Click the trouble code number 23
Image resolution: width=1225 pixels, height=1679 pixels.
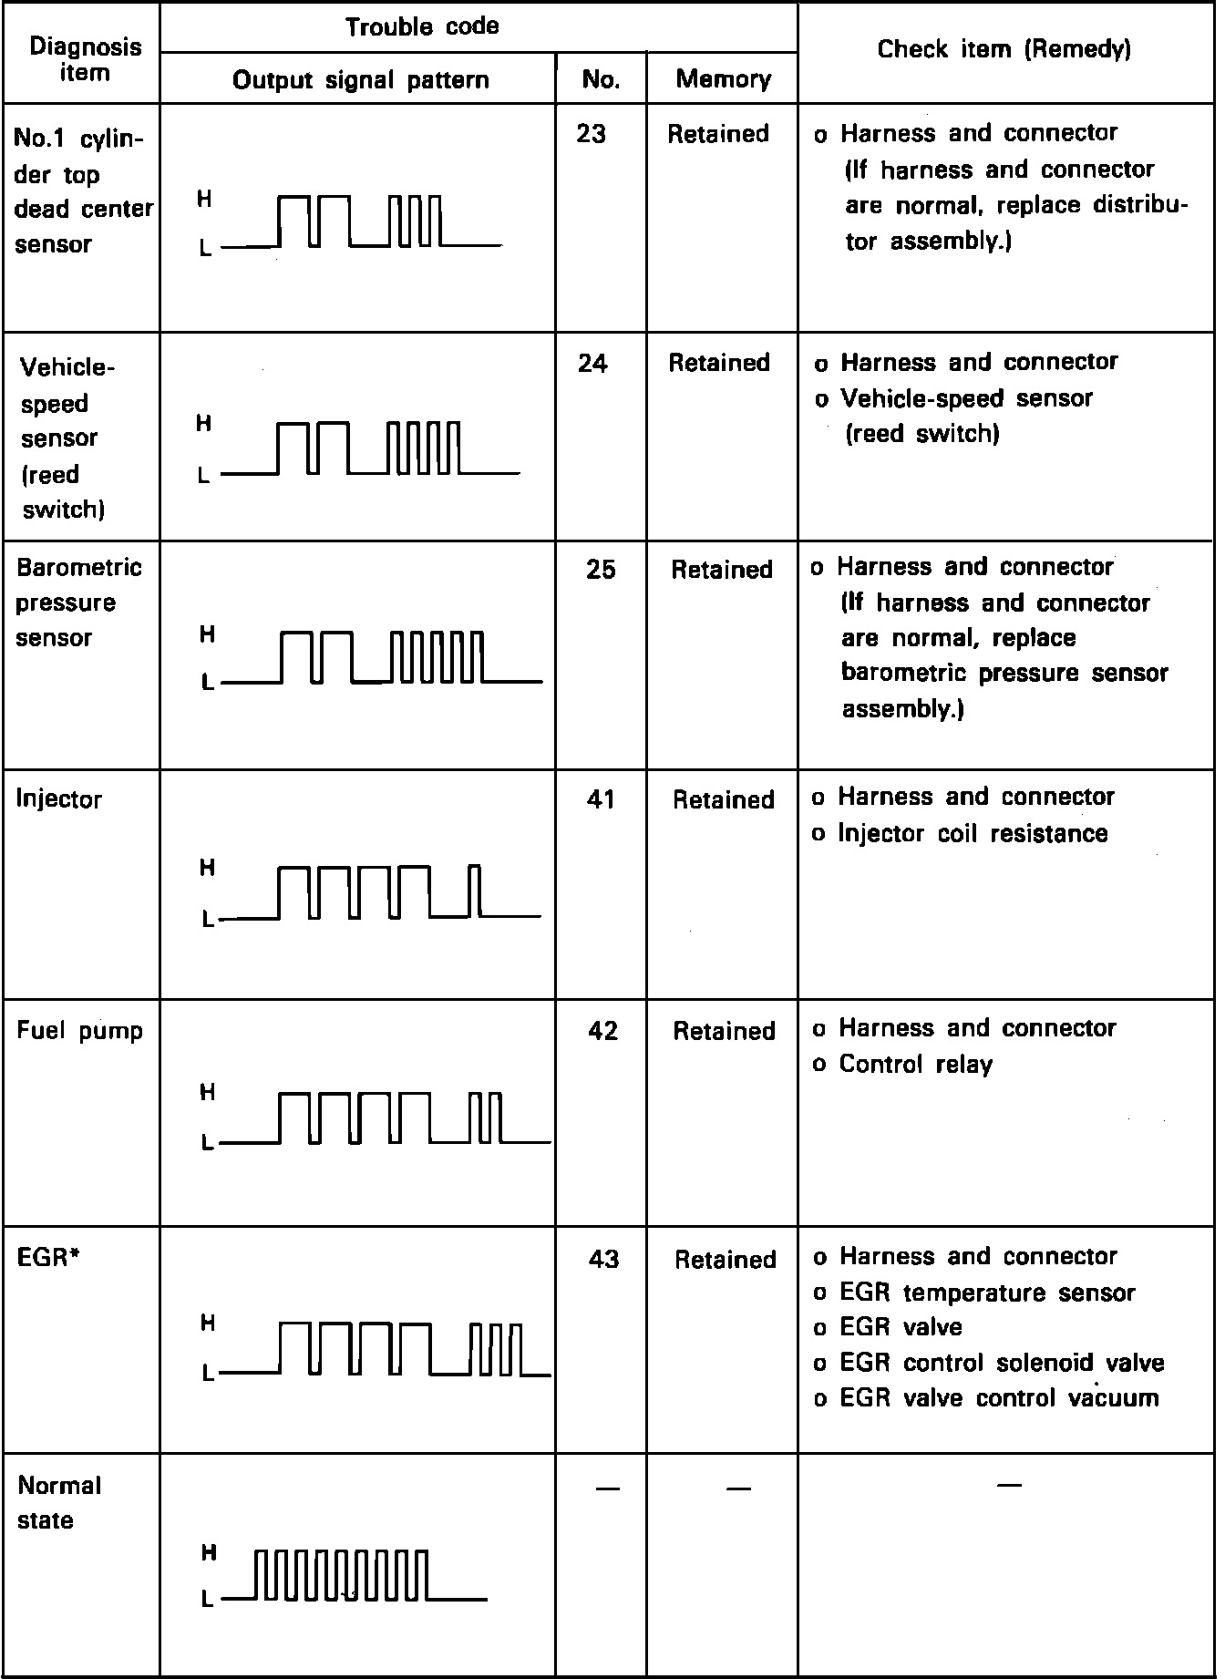591,134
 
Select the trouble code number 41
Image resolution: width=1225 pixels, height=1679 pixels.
601,799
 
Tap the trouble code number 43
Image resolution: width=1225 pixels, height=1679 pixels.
603,1259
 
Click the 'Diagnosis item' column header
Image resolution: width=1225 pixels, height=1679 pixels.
85,59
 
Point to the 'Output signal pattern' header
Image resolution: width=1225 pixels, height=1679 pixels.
360,80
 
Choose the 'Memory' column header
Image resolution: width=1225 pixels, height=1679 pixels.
723,79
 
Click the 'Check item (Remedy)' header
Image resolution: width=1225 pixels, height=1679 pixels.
1004,49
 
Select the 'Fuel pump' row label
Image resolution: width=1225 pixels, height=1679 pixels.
80,1031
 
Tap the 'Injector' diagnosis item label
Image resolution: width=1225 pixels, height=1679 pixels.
59,799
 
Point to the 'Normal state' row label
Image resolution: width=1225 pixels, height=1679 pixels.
59,1502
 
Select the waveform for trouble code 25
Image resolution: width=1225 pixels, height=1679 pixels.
383,657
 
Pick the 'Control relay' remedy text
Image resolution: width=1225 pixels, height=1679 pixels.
915,1064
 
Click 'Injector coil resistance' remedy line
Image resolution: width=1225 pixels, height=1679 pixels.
972,833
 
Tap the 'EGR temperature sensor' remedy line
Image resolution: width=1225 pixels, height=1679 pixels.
986,1293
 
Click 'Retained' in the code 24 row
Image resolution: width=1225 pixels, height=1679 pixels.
719,363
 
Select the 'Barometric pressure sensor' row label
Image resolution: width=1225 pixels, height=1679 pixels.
78,603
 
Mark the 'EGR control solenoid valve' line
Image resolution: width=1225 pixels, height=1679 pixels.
1001,1363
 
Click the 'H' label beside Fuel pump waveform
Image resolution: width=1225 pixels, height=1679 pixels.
208,1092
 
